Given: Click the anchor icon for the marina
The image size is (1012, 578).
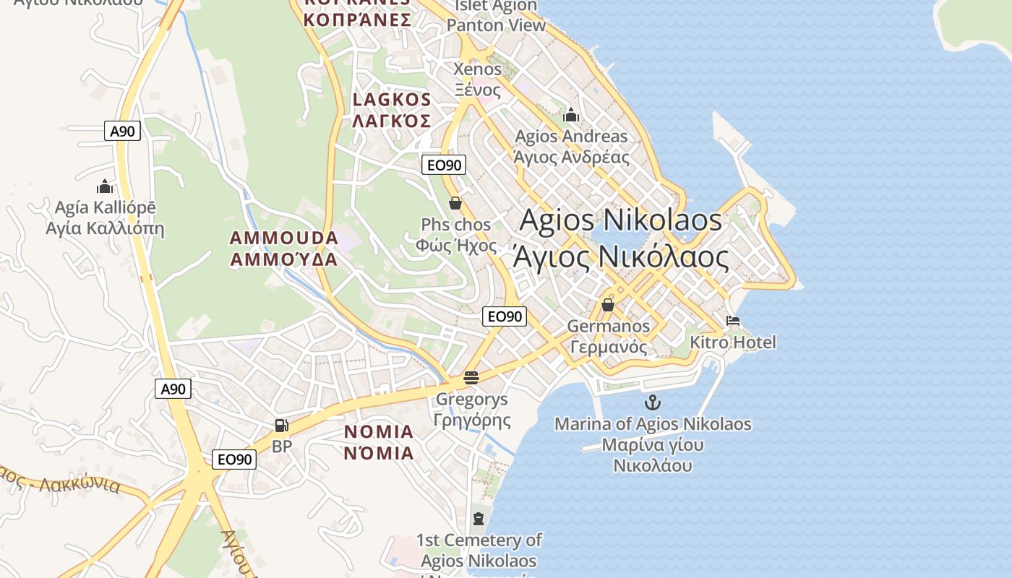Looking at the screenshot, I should (653, 402).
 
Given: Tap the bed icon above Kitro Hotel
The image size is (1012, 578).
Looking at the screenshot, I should (733, 321).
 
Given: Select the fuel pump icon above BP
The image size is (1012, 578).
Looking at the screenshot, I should (282, 426).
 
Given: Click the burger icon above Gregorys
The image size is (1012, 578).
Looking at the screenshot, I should (471, 377).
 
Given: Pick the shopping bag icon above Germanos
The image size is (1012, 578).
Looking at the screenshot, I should (608, 305).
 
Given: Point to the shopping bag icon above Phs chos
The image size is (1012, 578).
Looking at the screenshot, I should (455, 203).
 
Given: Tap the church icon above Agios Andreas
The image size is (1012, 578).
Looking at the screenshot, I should (571, 115).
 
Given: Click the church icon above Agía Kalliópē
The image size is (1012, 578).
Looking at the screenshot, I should (105, 186).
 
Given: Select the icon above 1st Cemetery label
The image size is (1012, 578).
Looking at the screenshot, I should (478, 518).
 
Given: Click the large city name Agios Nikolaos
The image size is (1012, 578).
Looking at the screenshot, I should (620, 220).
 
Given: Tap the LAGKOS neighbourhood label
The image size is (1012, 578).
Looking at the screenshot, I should (392, 100).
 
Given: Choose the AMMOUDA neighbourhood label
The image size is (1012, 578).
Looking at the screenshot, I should (284, 238).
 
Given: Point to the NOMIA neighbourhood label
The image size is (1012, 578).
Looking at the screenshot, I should (379, 432).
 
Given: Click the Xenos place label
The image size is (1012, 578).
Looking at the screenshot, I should (477, 69).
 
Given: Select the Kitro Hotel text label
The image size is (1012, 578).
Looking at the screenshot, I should (733, 342).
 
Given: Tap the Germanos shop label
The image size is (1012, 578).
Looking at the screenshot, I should (609, 327).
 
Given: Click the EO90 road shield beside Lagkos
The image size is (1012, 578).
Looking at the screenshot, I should (443, 165).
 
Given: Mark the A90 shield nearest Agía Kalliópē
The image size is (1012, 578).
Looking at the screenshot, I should (122, 131).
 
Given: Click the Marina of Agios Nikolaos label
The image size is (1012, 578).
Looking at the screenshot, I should (653, 424).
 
